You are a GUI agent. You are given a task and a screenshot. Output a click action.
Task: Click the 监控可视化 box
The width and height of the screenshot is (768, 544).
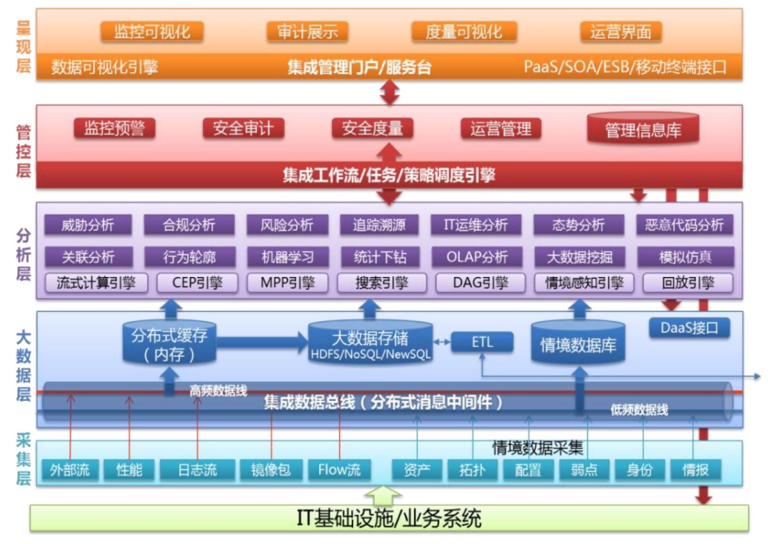coord(152,32)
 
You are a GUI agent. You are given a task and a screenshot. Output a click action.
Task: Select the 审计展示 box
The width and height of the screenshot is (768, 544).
coord(307,32)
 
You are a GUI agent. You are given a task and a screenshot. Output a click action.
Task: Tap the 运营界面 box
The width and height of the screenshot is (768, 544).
coord(620,32)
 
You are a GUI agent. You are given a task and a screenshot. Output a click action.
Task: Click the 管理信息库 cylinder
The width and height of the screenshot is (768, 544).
coord(642,129)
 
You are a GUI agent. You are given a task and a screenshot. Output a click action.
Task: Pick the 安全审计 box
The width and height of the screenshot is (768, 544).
coord(243,128)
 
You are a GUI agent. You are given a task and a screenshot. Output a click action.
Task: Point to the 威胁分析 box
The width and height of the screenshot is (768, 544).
coord(87,225)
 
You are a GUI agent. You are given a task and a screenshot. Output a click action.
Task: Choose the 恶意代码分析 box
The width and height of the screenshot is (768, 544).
coord(684,225)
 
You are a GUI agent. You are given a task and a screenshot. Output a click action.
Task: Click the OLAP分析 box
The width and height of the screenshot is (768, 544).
coord(477,257)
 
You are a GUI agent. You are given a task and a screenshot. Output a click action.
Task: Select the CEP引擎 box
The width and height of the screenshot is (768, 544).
coord(197,283)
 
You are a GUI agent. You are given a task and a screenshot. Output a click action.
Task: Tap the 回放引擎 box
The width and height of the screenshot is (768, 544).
coord(688,283)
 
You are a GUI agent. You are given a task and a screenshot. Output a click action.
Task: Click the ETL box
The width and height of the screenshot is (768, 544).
coord(482,342)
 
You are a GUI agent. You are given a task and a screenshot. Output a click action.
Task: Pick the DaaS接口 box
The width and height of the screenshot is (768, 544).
coord(689,328)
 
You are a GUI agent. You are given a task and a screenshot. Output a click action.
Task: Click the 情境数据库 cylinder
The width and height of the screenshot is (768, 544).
coord(578,344)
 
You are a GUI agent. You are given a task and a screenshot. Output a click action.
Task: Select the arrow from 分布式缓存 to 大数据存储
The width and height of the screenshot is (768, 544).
coord(262,342)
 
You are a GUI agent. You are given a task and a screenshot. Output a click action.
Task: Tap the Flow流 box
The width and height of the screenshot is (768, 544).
coord(339,470)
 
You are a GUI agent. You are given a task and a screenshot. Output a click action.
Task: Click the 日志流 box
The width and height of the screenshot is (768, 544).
coord(197,470)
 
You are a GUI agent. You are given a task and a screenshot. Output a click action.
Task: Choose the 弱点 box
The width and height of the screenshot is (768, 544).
coord(583,470)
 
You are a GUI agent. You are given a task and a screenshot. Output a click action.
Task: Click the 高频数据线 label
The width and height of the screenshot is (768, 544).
coord(218,390)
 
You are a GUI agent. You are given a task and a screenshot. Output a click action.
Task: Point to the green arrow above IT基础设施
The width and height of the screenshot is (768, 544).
coord(383,495)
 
